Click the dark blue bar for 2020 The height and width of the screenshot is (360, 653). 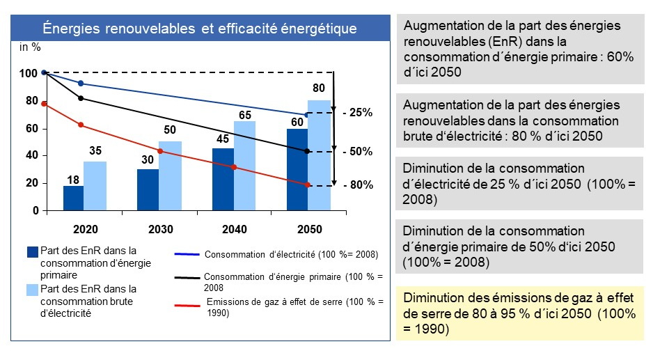(x=73, y=198)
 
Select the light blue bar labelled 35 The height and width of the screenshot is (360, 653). (x=95, y=186)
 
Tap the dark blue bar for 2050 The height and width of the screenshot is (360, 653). (x=297, y=169)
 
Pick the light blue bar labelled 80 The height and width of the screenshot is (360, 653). (x=319, y=155)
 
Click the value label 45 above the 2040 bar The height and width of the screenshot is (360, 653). (x=222, y=139)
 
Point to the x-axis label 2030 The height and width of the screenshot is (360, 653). (x=160, y=229)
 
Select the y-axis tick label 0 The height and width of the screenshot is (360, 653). (x=35, y=210)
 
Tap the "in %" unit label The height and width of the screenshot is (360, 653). (x=30, y=47)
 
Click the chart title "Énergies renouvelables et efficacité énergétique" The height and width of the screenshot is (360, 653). (x=200, y=29)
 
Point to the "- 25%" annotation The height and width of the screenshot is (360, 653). (x=358, y=112)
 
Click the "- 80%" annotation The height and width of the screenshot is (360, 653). (x=358, y=185)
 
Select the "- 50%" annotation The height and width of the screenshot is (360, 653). (x=358, y=151)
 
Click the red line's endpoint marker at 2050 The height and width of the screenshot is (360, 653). (x=307, y=185)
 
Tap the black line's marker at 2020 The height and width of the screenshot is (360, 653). (x=81, y=98)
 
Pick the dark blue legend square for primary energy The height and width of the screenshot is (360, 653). (x=32, y=252)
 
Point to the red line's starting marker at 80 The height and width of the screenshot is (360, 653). (x=44, y=104)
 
